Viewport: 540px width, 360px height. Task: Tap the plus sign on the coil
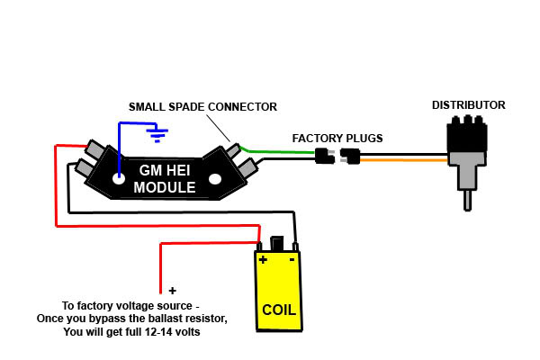click(263, 259)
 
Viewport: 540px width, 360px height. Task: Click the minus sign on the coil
click(293, 259)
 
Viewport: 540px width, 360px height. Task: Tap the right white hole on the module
click(214, 180)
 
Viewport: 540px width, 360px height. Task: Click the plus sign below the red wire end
click(173, 292)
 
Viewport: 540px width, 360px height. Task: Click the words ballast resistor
click(190, 319)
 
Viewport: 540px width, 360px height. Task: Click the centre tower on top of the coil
click(278, 244)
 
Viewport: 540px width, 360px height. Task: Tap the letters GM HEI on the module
click(161, 170)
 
